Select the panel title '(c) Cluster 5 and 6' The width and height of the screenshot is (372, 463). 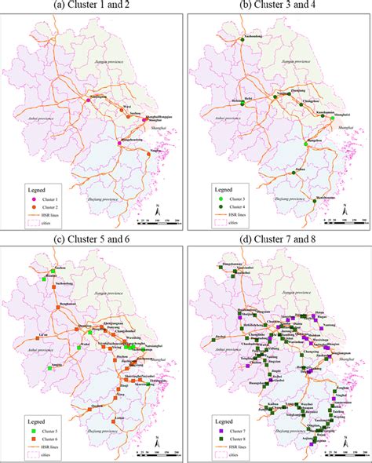tap(93, 239)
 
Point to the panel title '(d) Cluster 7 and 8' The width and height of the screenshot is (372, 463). tap(278, 239)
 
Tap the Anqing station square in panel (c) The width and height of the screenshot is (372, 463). tap(49, 367)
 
